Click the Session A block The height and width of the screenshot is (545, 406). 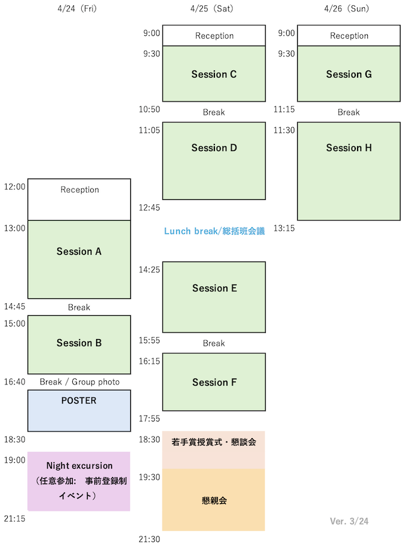point(79,259)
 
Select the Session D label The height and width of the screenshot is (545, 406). point(214,147)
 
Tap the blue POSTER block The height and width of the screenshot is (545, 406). point(79,411)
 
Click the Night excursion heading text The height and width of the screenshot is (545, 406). point(79,466)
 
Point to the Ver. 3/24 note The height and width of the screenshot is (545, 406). point(349,521)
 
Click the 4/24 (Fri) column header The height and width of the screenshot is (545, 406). point(77,8)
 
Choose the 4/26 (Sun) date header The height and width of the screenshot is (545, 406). point(346,8)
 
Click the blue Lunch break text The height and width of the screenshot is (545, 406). point(214,231)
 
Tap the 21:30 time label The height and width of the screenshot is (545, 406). point(149,539)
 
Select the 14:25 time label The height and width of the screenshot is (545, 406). point(149,269)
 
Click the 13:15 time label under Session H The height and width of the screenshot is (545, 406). point(284,228)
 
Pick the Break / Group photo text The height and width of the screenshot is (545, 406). point(79,381)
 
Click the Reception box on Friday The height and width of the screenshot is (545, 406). point(79,199)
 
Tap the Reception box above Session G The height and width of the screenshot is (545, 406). point(349,35)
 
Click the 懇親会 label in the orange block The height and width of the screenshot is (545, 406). point(214,500)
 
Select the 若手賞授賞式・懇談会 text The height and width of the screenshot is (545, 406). point(214,442)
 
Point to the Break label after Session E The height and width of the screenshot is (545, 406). point(214,343)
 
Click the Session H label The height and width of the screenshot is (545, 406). point(349,147)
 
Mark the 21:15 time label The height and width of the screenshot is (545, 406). point(14,519)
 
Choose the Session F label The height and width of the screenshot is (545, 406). point(214,382)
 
